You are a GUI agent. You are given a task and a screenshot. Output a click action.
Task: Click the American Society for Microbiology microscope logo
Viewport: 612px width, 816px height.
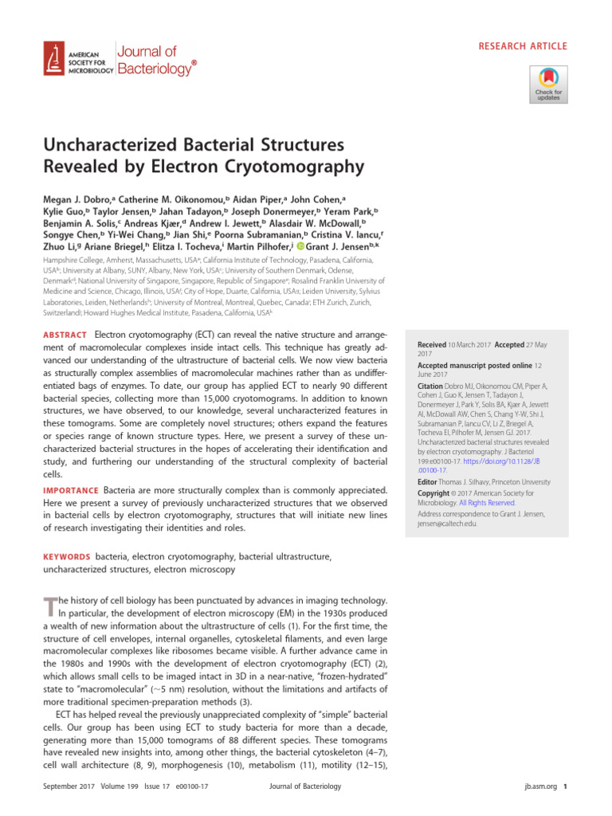coord(54,59)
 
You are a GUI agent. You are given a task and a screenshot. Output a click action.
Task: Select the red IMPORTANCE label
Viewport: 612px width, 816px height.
coord(69,490)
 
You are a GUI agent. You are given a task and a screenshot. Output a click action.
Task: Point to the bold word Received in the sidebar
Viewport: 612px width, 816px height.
coord(431,345)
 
